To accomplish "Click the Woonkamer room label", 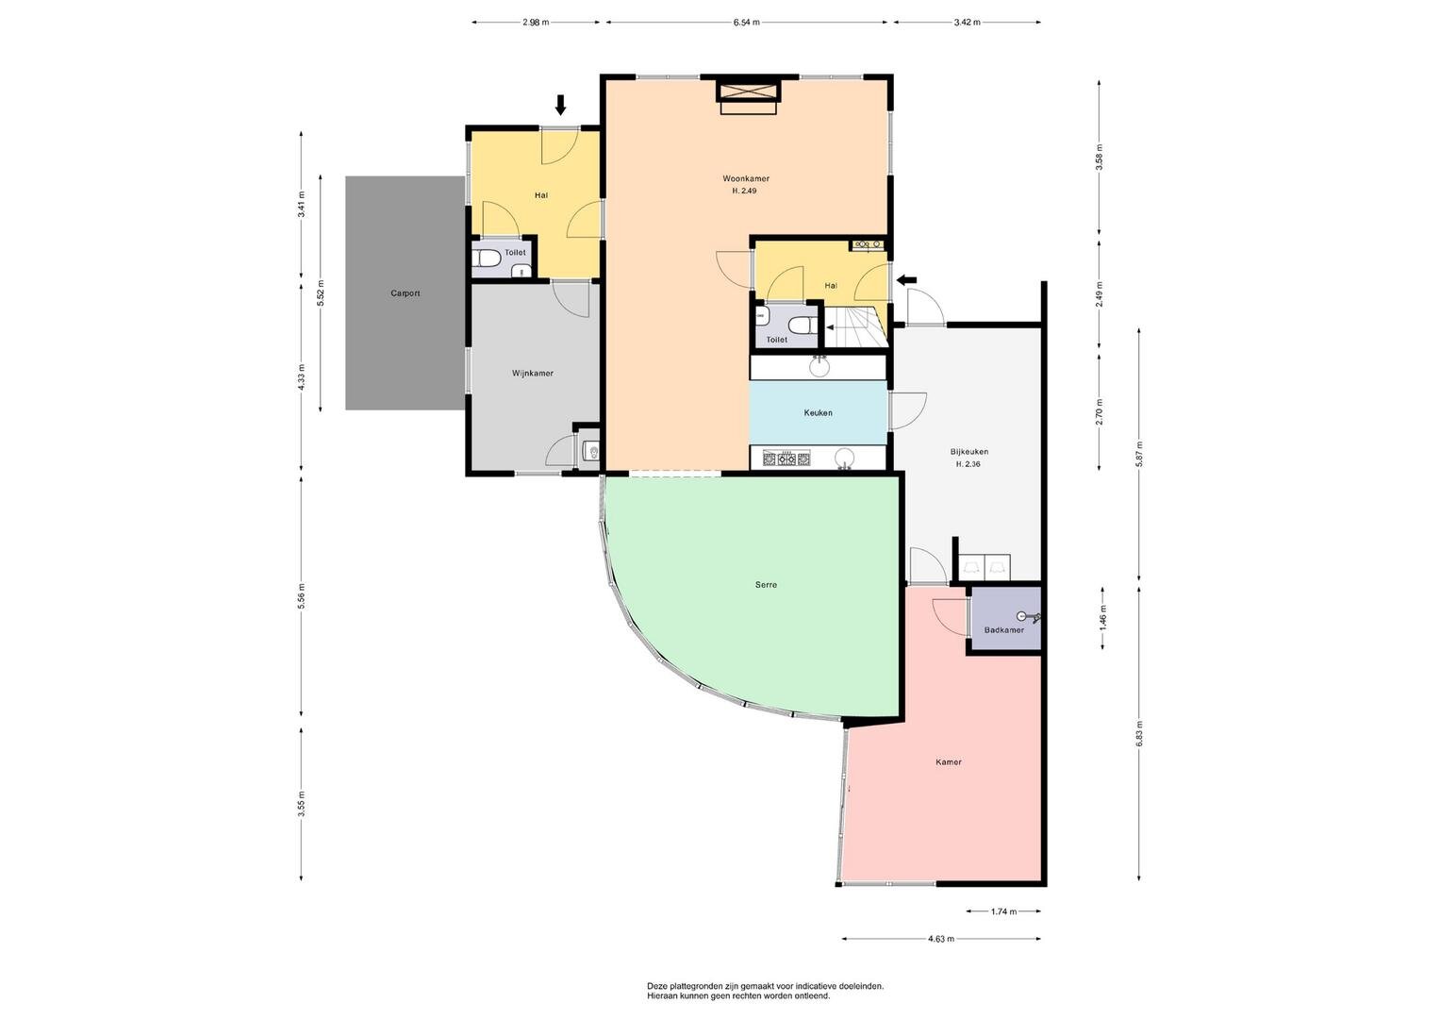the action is (746, 179).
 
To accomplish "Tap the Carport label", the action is (405, 293).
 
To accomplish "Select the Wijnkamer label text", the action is (532, 373).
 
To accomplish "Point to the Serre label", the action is (766, 585).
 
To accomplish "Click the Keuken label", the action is (818, 413).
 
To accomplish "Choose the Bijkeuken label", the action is (969, 452).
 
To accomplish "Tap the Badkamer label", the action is (1004, 630).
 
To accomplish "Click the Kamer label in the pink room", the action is (949, 762).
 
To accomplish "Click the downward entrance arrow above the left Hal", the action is (560, 105).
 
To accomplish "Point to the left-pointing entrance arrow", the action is (907, 280).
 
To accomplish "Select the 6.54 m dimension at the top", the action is (746, 23).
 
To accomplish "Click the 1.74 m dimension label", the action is (1003, 911).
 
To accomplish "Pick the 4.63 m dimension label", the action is (941, 939).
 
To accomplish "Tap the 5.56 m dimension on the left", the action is (302, 595).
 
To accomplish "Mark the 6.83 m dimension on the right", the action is (1139, 733).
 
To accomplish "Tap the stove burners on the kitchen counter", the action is (786, 458).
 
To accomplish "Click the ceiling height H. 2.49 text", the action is (744, 191).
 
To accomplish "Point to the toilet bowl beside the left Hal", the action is (487, 259).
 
